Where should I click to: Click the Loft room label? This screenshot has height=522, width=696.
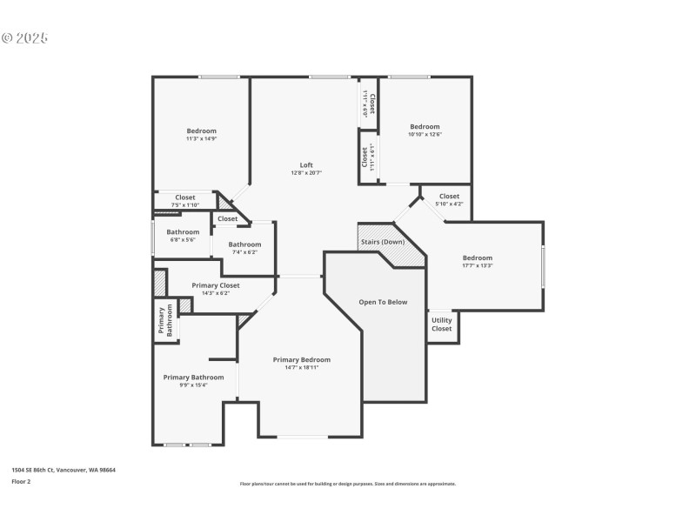[306, 165]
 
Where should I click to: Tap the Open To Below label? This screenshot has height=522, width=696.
[383, 302]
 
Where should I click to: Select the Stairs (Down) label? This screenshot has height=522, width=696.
[382, 241]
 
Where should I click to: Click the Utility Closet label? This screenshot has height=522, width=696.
[442, 325]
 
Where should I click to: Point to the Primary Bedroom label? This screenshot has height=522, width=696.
[302, 359]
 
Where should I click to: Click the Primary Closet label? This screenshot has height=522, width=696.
[216, 284]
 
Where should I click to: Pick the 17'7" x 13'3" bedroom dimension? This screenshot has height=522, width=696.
[477, 266]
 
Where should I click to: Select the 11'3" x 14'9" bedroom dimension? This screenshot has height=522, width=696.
[201, 138]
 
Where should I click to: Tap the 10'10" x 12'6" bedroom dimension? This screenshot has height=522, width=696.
[425, 134]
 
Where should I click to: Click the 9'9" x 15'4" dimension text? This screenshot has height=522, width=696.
[193, 385]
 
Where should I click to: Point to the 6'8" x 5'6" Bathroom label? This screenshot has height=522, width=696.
[183, 232]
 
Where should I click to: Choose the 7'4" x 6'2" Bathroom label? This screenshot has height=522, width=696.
[244, 244]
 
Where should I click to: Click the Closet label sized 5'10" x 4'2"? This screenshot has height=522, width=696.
[449, 197]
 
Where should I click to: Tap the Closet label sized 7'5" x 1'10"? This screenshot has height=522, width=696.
[185, 197]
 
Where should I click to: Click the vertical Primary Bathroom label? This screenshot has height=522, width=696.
[165, 320]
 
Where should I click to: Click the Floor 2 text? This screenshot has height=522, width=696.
[21, 481]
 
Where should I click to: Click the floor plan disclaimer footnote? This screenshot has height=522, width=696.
[348, 484]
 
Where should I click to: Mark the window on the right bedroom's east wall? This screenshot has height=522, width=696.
[543, 266]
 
